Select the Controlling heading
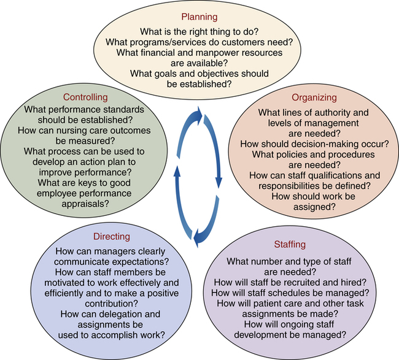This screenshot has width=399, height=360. pos(86,97)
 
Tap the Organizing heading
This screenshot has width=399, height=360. pos(315,97)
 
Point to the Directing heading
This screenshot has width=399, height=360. pos(111,236)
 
